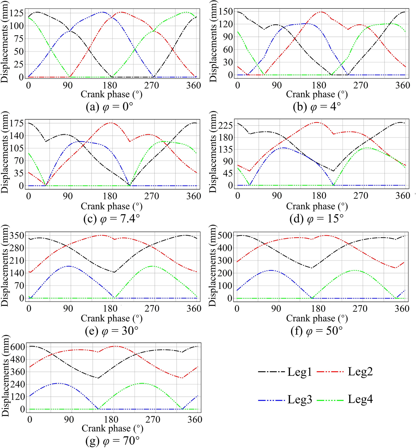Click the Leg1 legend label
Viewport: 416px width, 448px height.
point(300,372)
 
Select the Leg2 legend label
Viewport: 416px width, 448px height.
point(360,372)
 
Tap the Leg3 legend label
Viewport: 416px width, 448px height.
point(300,399)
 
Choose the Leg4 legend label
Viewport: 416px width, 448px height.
point(360,399)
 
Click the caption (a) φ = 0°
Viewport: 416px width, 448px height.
point(109,107)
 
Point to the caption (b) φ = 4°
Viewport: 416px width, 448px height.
point(317,107)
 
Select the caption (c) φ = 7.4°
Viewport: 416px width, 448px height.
point(111,219)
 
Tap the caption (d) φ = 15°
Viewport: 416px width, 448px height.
point(316,219)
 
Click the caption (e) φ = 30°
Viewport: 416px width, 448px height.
point(111,331)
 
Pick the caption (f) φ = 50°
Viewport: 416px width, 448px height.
point(316,331)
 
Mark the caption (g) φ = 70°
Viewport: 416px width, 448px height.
point(112,441)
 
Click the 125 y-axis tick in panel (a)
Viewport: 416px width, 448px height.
point(17,13)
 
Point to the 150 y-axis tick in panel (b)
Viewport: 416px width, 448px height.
point(226,12)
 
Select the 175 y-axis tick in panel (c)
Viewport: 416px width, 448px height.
point(17,123)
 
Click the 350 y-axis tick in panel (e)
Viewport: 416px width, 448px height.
point(17,236)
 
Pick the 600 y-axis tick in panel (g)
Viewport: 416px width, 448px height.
point(18,347)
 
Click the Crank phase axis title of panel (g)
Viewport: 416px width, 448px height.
point(112,428)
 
